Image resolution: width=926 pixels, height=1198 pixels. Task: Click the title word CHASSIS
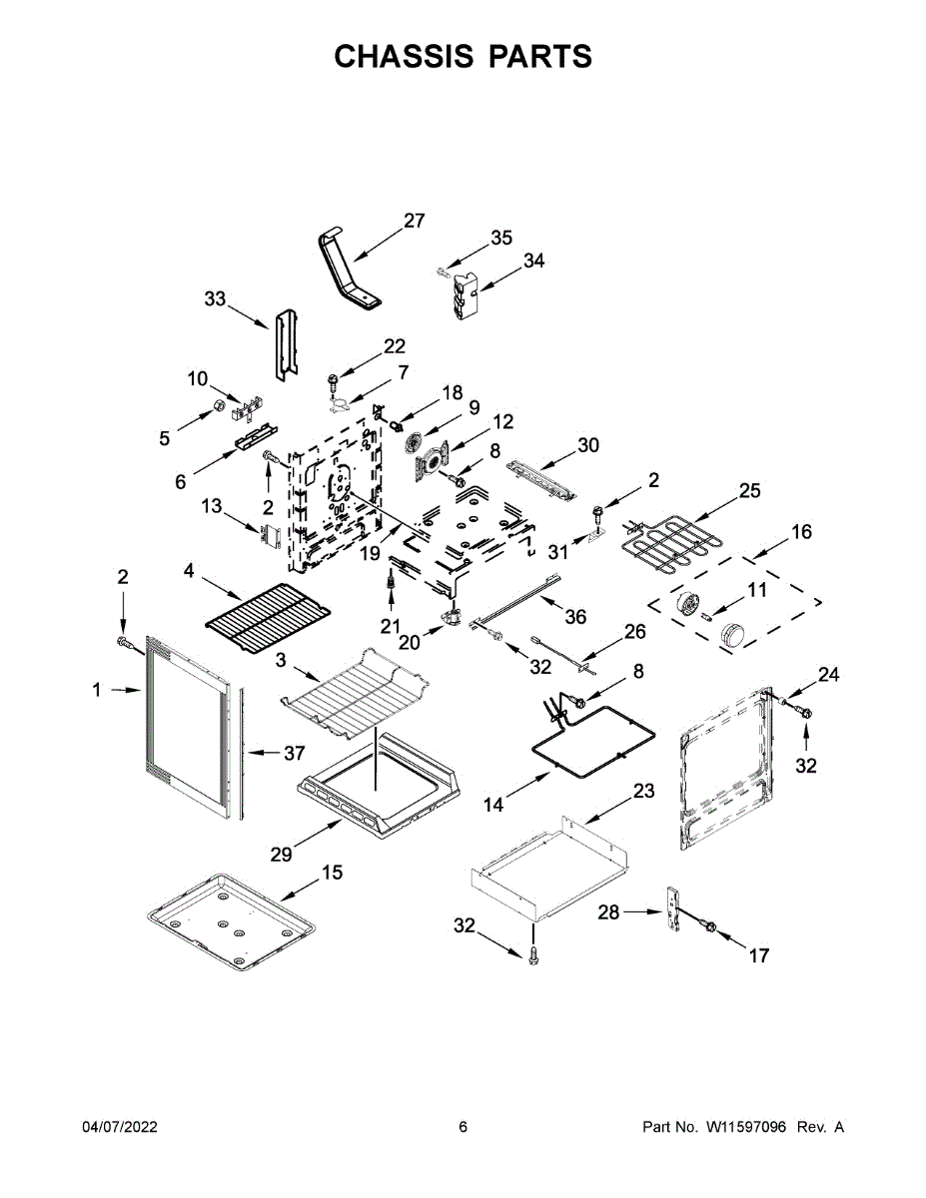click(x=404, y=56)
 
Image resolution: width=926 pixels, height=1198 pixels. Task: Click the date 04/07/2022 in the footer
click(x=120, y=1127)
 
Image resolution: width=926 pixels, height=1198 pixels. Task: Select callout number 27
click(x=415, y=221)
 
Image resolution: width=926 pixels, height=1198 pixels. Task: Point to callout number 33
click(x=215, y=299)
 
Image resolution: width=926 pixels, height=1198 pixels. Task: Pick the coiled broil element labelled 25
click(x=667, y=543)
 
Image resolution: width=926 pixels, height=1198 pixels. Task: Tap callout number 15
click(x=332, y=873)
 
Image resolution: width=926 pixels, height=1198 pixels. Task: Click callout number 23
click(x=643, y=791)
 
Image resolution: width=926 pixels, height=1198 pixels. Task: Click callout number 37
click(x=294, y=753)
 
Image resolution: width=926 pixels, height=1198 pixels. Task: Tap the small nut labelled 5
click(x=219, y=406)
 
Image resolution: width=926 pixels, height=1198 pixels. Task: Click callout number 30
click(x=588, y=444)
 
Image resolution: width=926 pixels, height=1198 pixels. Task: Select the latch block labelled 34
click(x=464, y=298)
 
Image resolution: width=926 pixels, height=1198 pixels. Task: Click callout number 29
click(x=282, y=855)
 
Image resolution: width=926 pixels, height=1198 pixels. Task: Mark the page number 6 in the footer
click(x=463, y=1127)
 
